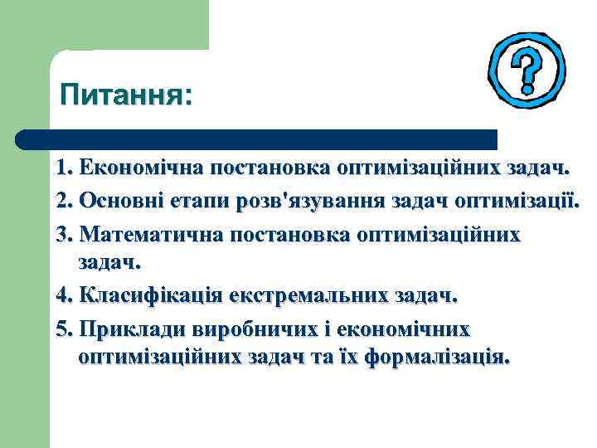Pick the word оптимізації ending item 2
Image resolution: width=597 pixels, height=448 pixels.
(517, 202)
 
